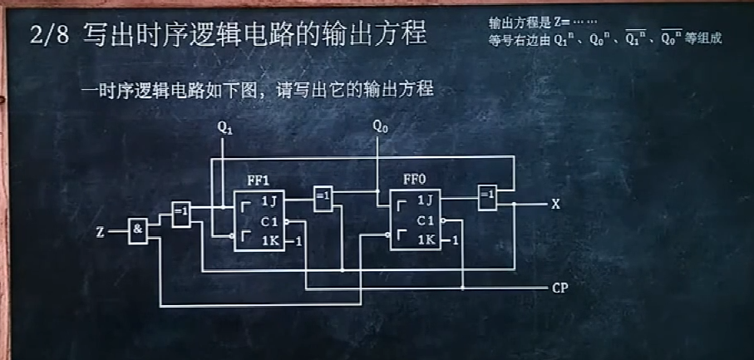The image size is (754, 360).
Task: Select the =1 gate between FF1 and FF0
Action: [x=323, y=198]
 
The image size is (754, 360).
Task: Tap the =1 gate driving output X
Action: [x=487, y=196]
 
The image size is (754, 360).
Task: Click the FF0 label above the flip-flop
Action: [x=414, y=180]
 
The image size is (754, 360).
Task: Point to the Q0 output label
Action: [x=380, y=127]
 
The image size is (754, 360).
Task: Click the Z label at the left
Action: [x=100, y=232]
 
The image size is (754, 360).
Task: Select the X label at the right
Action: [x=556, y=204]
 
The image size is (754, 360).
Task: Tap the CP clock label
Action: [x=559, y=288]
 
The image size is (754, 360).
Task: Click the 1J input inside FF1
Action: [x=268, y=201]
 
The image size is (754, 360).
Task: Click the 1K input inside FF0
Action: [x=426, y=240]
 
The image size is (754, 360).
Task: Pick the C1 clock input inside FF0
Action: [x=425, y=220]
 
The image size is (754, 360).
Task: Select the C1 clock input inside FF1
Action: [x=269, y=222]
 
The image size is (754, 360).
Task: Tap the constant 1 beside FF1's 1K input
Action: [x=298, y=242]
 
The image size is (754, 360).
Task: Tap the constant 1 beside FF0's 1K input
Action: [x=456, y=241]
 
